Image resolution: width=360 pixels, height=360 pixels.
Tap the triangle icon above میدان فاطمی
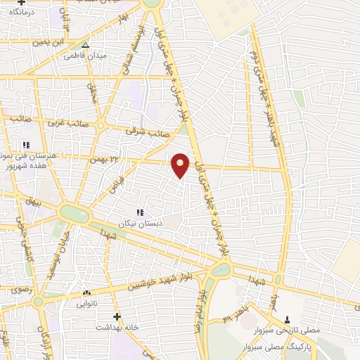(x=85, y=46)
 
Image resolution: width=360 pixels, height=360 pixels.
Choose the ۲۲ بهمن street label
(x=101, y=161)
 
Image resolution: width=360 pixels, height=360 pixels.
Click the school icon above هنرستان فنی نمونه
(x=27, y=144)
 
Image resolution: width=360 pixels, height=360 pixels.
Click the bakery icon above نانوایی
(x=86, y=292)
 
